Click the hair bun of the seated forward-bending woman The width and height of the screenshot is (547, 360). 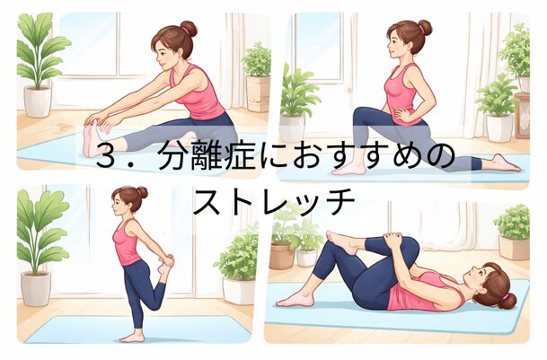[189, 28]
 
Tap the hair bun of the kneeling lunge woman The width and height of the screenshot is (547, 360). [425, 28]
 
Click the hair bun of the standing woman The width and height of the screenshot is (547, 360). [142, 192]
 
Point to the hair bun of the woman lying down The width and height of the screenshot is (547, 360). [507, 301]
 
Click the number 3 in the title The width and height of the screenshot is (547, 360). [106, 155]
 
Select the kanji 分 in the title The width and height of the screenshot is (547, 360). [173, 155]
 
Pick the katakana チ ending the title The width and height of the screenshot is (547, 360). [340, 201]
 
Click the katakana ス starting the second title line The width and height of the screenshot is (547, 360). [207, 201]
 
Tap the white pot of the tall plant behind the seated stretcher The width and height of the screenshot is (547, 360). [38, 101]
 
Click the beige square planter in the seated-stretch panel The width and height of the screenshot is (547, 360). [258, 93]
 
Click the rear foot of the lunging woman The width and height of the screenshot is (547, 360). [506, 163]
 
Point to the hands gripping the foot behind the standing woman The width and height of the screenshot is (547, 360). [165, 261]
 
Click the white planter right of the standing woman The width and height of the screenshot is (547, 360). [239, 291]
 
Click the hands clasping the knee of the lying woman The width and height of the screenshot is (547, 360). [393, 240]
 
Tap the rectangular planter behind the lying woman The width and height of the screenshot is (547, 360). [514, 247]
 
